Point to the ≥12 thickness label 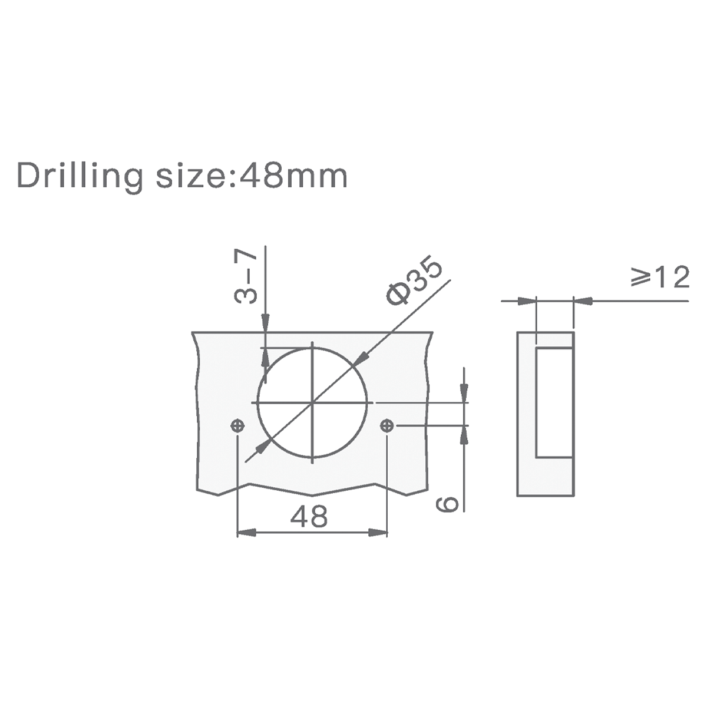point(660,277)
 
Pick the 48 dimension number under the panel point(309,517)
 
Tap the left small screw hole point(237,425)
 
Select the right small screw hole point(386,425)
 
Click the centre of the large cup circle point(312,402)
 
